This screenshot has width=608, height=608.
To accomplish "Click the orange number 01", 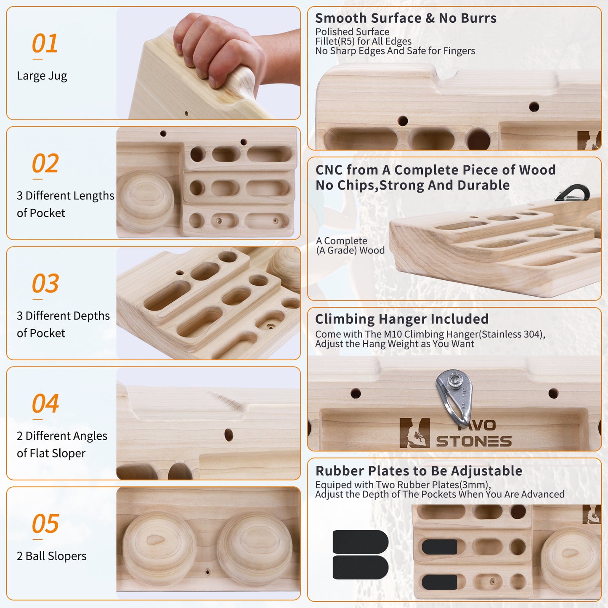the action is click(x=45, y=43).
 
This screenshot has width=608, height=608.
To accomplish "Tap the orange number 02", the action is click(x=45, y=163).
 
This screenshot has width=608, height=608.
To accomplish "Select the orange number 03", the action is click(x=45, y=283).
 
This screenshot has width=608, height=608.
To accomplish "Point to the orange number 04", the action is click(x=45, y=403).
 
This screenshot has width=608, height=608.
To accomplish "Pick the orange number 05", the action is click(x=45, y=523).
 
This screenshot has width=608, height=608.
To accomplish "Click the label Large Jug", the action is click(x=42, y=76).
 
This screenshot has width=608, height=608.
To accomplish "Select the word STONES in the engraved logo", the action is click(x=474, y=441).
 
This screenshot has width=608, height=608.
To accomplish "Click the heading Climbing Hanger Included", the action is click(x=402, y=319).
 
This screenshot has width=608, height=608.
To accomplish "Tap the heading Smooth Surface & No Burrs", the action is click(x=406, y=18).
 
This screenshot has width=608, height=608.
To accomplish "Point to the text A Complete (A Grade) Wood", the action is click(x=350, y=245).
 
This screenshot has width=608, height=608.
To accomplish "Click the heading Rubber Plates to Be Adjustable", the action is click(x=419, y=471).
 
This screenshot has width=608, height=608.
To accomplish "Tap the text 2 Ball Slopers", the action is click(x=52, y=556).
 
